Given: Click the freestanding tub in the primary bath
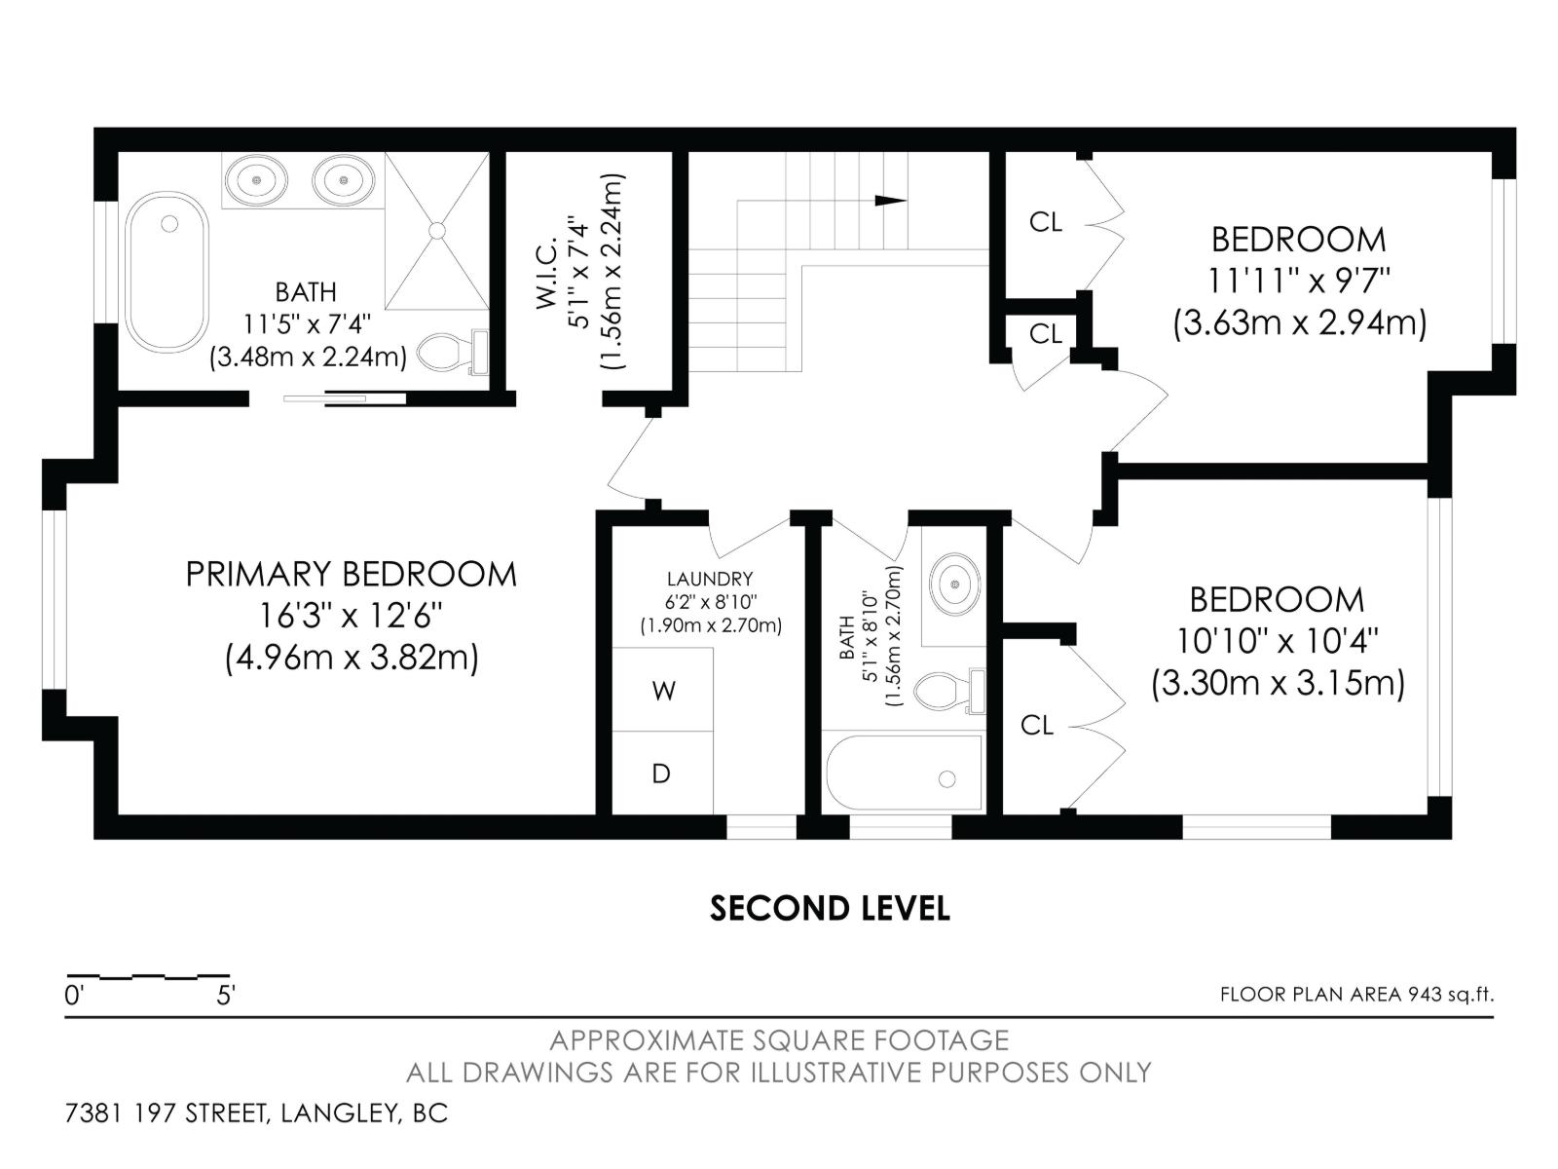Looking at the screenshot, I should pos(167,272).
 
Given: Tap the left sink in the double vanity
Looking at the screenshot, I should pos(256,179).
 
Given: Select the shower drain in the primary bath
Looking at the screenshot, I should pos(437,231).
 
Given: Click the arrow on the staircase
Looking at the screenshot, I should pos(889,201).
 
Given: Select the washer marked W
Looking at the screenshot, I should pos(663,691).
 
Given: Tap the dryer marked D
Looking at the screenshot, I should pos(661,773).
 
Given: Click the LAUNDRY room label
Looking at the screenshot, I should pos(709,579).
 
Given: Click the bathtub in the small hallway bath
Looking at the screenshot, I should pos(904,774).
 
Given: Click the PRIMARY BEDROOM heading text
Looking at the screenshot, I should pos(351,574).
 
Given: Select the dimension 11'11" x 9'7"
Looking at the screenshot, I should pos(1299,281).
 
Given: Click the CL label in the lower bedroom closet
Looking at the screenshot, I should pos(1036,725).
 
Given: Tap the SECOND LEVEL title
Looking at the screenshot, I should pos(830,908).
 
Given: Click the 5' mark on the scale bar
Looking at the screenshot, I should pos(226,996).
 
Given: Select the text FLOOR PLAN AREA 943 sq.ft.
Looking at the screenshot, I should pos(1356,995).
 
